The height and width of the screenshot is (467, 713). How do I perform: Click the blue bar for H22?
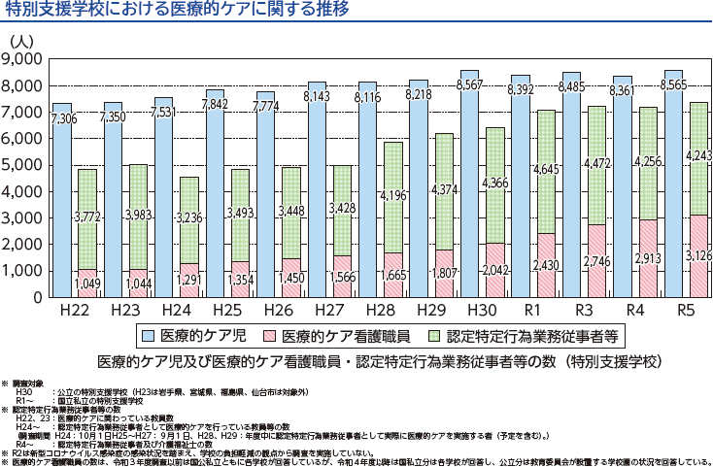[x=62, y=204]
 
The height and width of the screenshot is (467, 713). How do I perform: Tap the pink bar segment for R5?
[x=699, y=256]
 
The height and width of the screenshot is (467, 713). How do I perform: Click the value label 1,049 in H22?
[x=87, y=284]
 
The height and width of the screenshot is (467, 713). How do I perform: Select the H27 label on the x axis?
[x=330, y=311]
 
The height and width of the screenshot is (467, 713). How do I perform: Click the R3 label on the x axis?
[x=586, y=311]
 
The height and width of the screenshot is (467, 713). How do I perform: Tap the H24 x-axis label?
[x=177, y=311]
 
